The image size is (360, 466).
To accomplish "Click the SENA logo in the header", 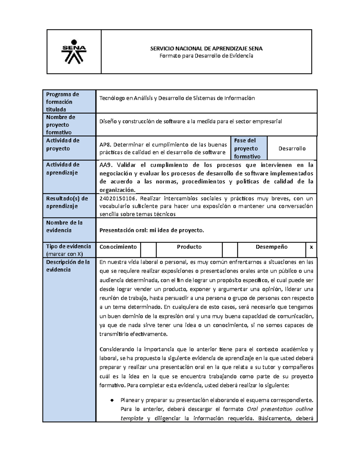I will pyautogui.click(x=74, y=52).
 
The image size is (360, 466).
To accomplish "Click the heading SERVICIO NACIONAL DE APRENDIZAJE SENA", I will pyautogui.click(x=206, y=49).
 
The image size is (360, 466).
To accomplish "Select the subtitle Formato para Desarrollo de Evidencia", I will pyautogui.click(x=206, y=56).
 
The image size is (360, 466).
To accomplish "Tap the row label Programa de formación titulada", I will pyautogui.click(x=62, y=102).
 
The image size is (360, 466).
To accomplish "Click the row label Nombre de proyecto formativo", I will pyautogui.click(x=61, y=125).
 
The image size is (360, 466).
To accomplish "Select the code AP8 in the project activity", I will pyautogui.click(x=105, y=145).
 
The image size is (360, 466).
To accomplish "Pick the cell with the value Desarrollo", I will pyautogui.click(x=292, y=149).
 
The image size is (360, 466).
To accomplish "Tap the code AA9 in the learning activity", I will pyautogui.click(x=106, y=165).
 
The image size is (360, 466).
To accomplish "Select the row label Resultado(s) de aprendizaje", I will pyautogui.click(x=67, y=202).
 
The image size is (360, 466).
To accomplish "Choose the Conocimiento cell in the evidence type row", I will pyautogui.click(x=118, y=247).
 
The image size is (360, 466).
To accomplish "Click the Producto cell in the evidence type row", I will pyautogui.click(x=189, y=247).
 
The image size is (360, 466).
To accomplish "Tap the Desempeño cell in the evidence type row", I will pyautogui.click(x=271, y=247).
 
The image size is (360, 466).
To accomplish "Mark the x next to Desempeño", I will pyautogui.click(x=311, y=247).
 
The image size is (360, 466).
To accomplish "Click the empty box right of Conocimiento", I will pyautogui.click(x=148, y=249).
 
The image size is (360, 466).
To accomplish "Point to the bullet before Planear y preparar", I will pyautogui.click(x=112, y=400).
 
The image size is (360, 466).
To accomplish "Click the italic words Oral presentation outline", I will pyautogui.click(x=280, y=409).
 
